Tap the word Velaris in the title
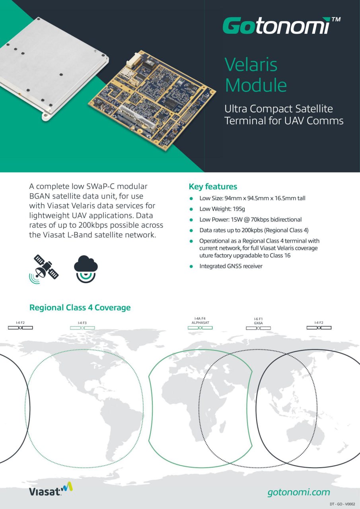click(251, 64)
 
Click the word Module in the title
click(255, 85)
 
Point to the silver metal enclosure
click(48, 64)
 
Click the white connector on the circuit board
click(132, 60)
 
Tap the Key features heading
click(213, 187)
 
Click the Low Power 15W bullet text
click(250, 220)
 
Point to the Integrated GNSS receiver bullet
click(231, 266)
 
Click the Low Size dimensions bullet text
click(252, 198)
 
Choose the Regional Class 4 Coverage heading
click(80, 307)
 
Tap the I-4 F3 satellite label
click(82, 322)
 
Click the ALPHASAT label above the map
click(200, 322)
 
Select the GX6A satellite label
click(258, 323)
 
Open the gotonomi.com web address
click(299, 492)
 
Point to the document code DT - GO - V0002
click(342, 504)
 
